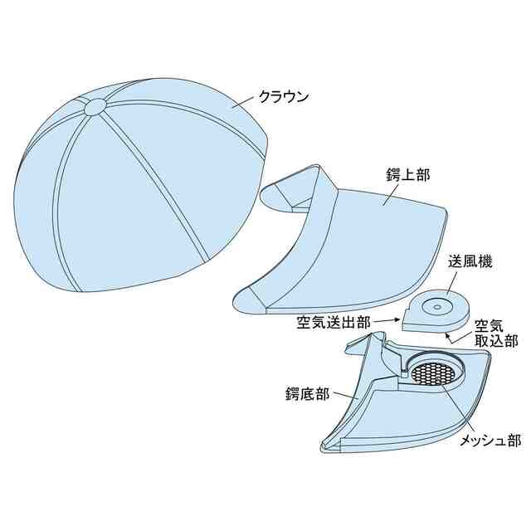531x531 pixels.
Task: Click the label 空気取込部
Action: point(496,331)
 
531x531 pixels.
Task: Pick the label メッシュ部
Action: point(490,440)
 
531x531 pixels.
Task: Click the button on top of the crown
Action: point(95,106)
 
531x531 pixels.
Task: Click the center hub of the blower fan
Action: point(436,307)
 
